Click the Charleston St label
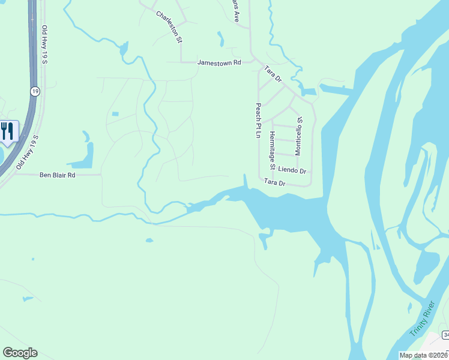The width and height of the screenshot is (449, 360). pos(169,26)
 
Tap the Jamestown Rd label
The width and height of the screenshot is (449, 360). pos(219,62)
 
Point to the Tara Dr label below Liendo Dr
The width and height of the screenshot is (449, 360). pos(274,182)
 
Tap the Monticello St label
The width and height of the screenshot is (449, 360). pos(299,137)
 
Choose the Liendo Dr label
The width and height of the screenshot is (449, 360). pos(292,171)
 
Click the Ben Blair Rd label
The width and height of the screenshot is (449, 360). pos(58,175)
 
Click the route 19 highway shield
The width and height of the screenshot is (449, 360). pos(35,91)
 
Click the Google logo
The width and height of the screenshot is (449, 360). pos(20,353)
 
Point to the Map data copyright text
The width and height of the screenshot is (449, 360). pos(423,355)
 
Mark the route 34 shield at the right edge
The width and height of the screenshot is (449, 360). pos(445,334)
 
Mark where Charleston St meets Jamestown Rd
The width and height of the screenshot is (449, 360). pos(181,62)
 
